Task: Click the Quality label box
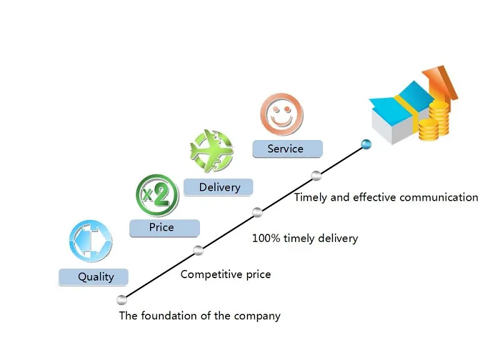(94, 277)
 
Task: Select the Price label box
(164, 228)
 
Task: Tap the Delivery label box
(219, 187)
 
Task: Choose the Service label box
(287, 149)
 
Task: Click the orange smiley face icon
(281, 114)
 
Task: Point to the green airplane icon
(211, 151)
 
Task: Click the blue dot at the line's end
(366, 145)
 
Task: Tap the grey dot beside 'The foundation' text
(122, 299)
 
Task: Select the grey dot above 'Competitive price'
(198, 251)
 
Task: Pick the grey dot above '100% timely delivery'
(257, 212)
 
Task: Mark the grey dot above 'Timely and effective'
(316, 175)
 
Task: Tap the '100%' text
(265, 238)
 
